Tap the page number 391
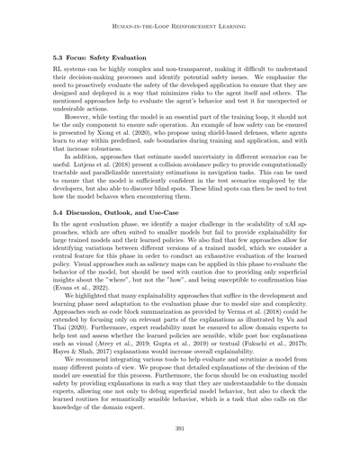click(179, 430)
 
